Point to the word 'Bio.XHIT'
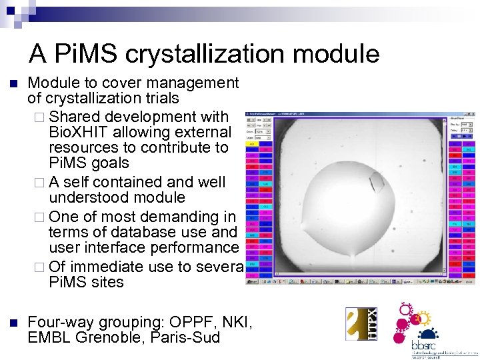tap(75, 131)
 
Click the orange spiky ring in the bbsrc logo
tap(406, 311)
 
